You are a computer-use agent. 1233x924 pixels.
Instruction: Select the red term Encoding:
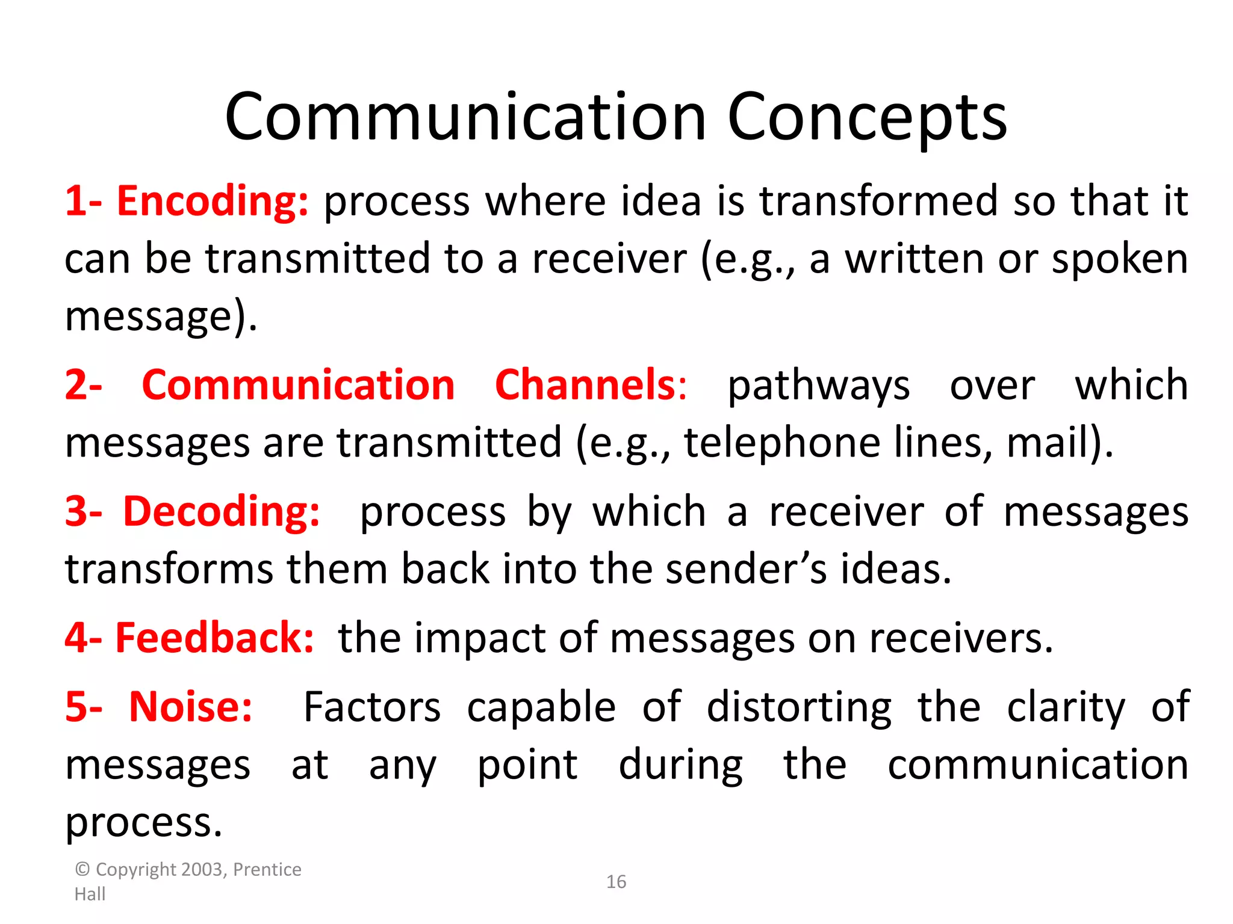pyautogui.click(x=213, y=201)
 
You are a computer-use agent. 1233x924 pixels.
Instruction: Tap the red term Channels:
pyautogui.click(x=590, y=385)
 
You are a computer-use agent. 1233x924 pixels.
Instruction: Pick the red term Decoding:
pyautogui.click(x=222, y=512)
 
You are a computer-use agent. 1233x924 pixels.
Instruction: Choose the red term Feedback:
pyautogui.click(x=214, y=638)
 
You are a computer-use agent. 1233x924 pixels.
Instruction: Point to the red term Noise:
pyautogui.click(x=191, y=707)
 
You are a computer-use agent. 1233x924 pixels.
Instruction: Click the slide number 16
pyautogui.click(x=616, y=882)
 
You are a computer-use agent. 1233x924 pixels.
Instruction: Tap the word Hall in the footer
pyautogui.click(x=90, y=895)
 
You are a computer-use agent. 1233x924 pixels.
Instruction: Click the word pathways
pyautogui.click(x=819, y=386)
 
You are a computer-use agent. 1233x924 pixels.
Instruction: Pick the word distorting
pyautogui.click(x=799, y=707)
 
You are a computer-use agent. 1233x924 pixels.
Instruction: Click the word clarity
pyautogui.click(x=1066, y=707)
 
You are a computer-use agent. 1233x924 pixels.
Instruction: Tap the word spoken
pyautogui.click(x=1120, y=259)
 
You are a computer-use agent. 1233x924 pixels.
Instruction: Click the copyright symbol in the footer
pyautogui.click(x=82, y=870)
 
